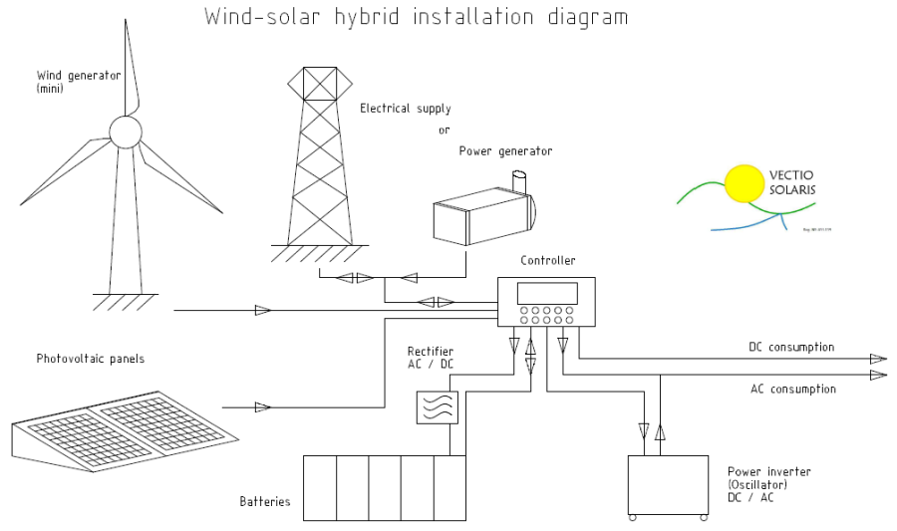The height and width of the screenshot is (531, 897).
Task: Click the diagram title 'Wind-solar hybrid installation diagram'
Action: click(417, 17)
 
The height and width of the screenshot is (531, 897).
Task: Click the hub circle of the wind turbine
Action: click(126, 132)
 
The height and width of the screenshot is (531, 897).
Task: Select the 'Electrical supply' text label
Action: click(406, 109)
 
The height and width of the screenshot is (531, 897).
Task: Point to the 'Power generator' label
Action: click(505, 151)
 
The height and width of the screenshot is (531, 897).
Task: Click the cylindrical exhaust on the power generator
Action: click(517, 181)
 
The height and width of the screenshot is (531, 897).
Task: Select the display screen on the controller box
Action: click(546, 293)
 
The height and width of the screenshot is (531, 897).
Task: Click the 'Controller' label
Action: click(547, 261)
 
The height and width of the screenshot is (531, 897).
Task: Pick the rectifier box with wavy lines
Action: click(437, 406)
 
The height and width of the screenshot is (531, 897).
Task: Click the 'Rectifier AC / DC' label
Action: click(431, 359)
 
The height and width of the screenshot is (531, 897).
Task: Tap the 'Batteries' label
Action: click(265, 501)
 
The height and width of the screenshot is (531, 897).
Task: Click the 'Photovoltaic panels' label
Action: click(91, 359)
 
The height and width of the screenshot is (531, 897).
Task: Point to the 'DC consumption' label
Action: click(791, 347)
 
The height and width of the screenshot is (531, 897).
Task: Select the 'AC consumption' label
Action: click(792, 390)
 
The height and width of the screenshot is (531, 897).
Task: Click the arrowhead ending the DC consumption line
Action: click(878, 359)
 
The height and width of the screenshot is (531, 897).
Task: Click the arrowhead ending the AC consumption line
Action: click(878, 375)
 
